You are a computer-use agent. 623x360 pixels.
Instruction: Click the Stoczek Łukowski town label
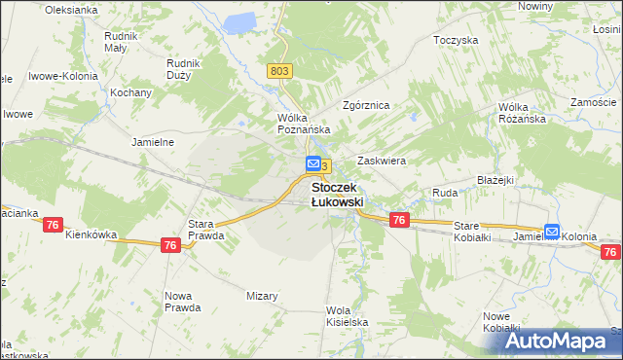click(x=337, y=194)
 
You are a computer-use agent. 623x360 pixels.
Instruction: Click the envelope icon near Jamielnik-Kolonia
click(x=552, y=232)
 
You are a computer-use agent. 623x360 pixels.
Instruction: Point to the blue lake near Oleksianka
click(x=239, y=19)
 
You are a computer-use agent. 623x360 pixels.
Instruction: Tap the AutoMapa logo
click(x=562, y=342)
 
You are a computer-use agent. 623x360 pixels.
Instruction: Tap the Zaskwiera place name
click(x=381, y=161)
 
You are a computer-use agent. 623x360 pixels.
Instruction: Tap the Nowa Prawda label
click(x=183, y=302)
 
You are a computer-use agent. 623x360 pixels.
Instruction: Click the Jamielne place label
click(x=152, y=141)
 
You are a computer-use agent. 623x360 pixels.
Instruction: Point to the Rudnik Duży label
click(x=183, y=69)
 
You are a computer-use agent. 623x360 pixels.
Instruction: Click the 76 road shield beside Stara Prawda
click(x=170, y=246)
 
